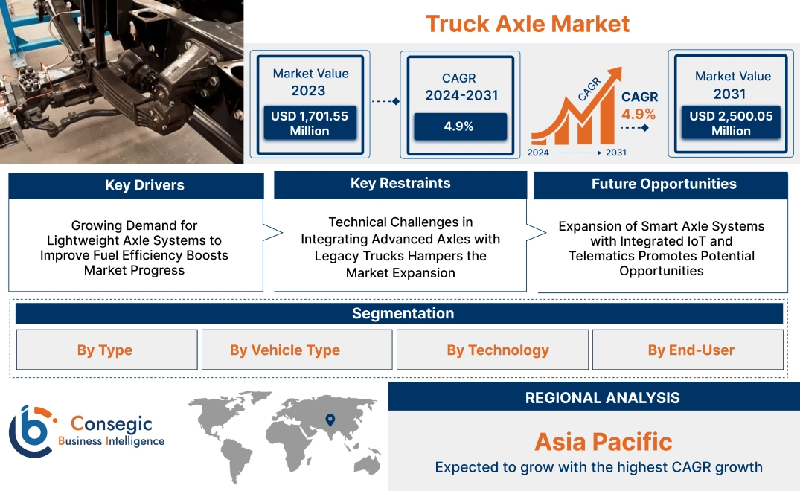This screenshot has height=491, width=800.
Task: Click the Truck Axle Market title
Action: click(x=528, y=24)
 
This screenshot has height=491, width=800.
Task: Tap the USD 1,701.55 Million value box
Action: click(x=310, y=123)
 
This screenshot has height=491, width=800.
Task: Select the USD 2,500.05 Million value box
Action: click(x=731, y=123)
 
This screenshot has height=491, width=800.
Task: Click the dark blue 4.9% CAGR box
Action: click(x=460, y=126)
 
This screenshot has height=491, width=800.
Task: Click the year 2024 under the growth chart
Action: click(x=538, y=153)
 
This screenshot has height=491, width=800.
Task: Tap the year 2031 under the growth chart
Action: click(x=616, y=153)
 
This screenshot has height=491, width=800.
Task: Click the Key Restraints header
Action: click(x=400, y=184)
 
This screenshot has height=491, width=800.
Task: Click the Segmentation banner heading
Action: click(x=403, y=313)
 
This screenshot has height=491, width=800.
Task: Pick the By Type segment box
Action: click(x=106, y=350)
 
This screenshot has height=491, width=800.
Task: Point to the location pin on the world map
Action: click(x=330, y=420)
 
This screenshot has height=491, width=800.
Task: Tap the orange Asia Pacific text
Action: click(x=604, y=442)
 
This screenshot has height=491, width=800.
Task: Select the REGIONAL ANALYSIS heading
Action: click(x=603, y=398)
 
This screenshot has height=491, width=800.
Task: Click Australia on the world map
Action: click(x=368, y=463)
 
